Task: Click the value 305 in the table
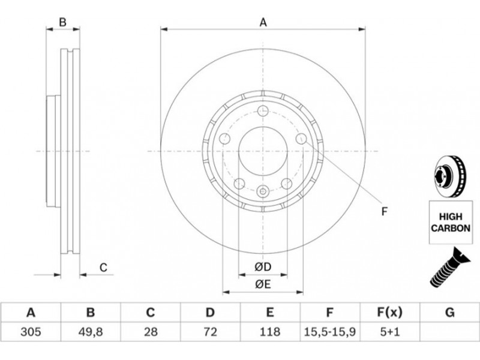point(31,332)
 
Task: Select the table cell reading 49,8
point(91,332)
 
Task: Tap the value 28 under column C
point(151,332)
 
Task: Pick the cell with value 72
point(210,332)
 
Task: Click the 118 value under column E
point(269,332)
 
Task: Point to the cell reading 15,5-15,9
point(329,332)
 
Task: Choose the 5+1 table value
point(389,332)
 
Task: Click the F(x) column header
point(389,313)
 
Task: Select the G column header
point(449,313)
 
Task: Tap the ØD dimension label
point(263,267)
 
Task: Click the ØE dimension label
point(263,284)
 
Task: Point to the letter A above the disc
point(263,22)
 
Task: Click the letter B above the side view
point(62,22)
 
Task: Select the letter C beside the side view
point(103,268)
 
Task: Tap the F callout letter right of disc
point(385,211)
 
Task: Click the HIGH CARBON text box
point(451,222)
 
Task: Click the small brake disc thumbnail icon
point(450,176)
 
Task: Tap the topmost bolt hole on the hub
point(263,111)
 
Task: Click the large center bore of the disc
point(263,151)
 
